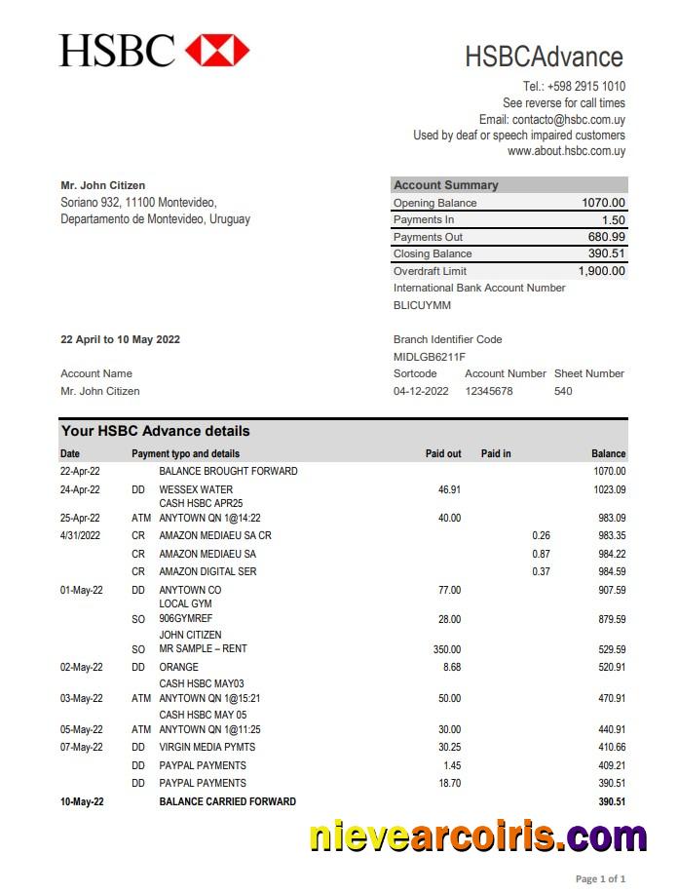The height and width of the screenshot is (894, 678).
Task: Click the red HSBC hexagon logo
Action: tap(217, 49)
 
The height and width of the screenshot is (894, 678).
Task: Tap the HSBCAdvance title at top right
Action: tap(544, 57)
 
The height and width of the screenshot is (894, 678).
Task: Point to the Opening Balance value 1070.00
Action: tap(603, 203)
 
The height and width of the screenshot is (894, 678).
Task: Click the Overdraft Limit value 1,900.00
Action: tap(601, 271)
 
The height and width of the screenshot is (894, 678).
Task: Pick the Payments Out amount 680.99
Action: tap(606, 237)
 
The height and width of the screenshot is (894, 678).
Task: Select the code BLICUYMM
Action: tap(422, 305)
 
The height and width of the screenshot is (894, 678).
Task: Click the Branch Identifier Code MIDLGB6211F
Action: tap(429, 357)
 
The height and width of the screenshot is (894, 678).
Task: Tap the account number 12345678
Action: tap(488, 391)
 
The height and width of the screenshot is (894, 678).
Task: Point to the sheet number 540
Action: tap(563, 391)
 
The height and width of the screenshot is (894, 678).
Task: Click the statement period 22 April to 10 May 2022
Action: tap(120, 339)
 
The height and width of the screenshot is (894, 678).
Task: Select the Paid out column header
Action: tap(443, 453)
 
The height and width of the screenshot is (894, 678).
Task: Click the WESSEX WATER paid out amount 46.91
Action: tap(449, 489)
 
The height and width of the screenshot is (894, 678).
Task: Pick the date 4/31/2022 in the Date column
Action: tap(80, 535)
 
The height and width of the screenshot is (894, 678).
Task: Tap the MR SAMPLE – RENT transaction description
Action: tap(203, 649)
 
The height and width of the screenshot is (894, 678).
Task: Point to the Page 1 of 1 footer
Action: tap(600, 878)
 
